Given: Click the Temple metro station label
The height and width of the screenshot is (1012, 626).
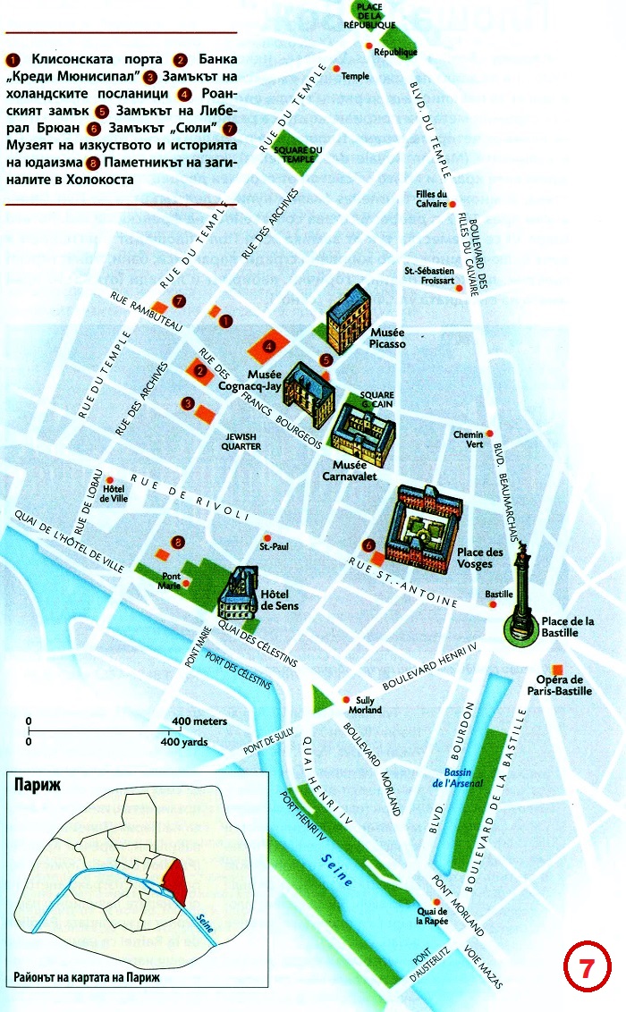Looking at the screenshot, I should point(355,76).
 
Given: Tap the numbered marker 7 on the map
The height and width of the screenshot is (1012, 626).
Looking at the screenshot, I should point(180,300).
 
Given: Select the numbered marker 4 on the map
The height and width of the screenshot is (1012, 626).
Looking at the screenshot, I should point(268,345).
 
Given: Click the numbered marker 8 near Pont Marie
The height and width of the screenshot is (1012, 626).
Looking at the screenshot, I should point(179,542).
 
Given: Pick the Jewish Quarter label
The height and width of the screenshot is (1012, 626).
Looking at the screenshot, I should point(242,441).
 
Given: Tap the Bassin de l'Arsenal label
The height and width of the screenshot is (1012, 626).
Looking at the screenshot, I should point(464,778).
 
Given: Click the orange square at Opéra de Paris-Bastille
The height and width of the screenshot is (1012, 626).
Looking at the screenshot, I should point(557,670).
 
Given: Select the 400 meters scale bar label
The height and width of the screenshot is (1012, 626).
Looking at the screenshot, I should point(199,721).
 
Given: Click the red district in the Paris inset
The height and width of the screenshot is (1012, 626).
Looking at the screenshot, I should point(175,880).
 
